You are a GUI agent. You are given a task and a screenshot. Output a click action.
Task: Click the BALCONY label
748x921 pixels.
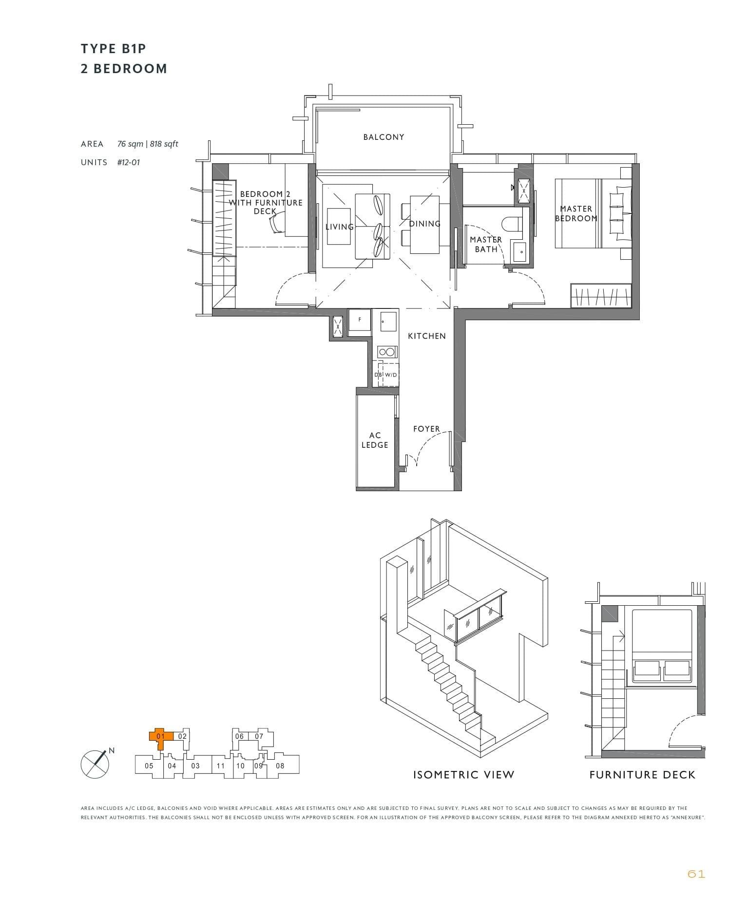(384, 137)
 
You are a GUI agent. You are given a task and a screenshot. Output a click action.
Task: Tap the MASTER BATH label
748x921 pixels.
(485, 244)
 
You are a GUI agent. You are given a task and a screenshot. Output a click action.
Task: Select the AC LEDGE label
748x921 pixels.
(375, 440)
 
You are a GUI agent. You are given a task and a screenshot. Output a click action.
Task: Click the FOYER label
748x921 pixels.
(426, 429)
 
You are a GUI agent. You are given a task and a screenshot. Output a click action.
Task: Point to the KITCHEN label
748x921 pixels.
(427, 336)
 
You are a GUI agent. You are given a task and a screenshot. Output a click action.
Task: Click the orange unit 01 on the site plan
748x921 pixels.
(159, 737)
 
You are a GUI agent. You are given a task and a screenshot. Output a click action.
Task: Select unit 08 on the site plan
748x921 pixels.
(280, 766)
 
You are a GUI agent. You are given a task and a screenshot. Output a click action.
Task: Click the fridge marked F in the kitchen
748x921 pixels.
(360, 320)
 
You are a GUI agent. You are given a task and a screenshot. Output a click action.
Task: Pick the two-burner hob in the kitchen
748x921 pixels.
(387, 352)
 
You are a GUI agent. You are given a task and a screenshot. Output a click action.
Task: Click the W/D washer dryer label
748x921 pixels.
(391, 375)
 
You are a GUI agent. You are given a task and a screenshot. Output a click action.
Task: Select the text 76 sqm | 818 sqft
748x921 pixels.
(148, 144)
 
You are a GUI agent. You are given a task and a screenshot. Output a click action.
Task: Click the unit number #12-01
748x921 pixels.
(128, 162)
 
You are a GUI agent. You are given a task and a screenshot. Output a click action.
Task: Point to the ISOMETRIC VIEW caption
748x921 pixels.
(463, 775)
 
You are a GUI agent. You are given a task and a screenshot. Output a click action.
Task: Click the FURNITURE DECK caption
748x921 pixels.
(642, 775)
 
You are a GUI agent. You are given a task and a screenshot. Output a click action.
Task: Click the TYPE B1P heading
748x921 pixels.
(114, 49)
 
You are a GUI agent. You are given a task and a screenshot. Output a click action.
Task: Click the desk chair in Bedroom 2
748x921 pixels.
(276, 225)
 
